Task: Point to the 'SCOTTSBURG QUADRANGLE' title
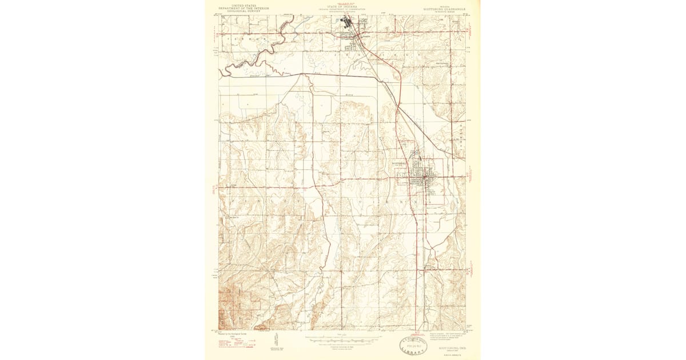coord(443,9)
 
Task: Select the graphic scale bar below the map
coord(342,341)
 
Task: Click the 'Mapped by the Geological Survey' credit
coord(235,334)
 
